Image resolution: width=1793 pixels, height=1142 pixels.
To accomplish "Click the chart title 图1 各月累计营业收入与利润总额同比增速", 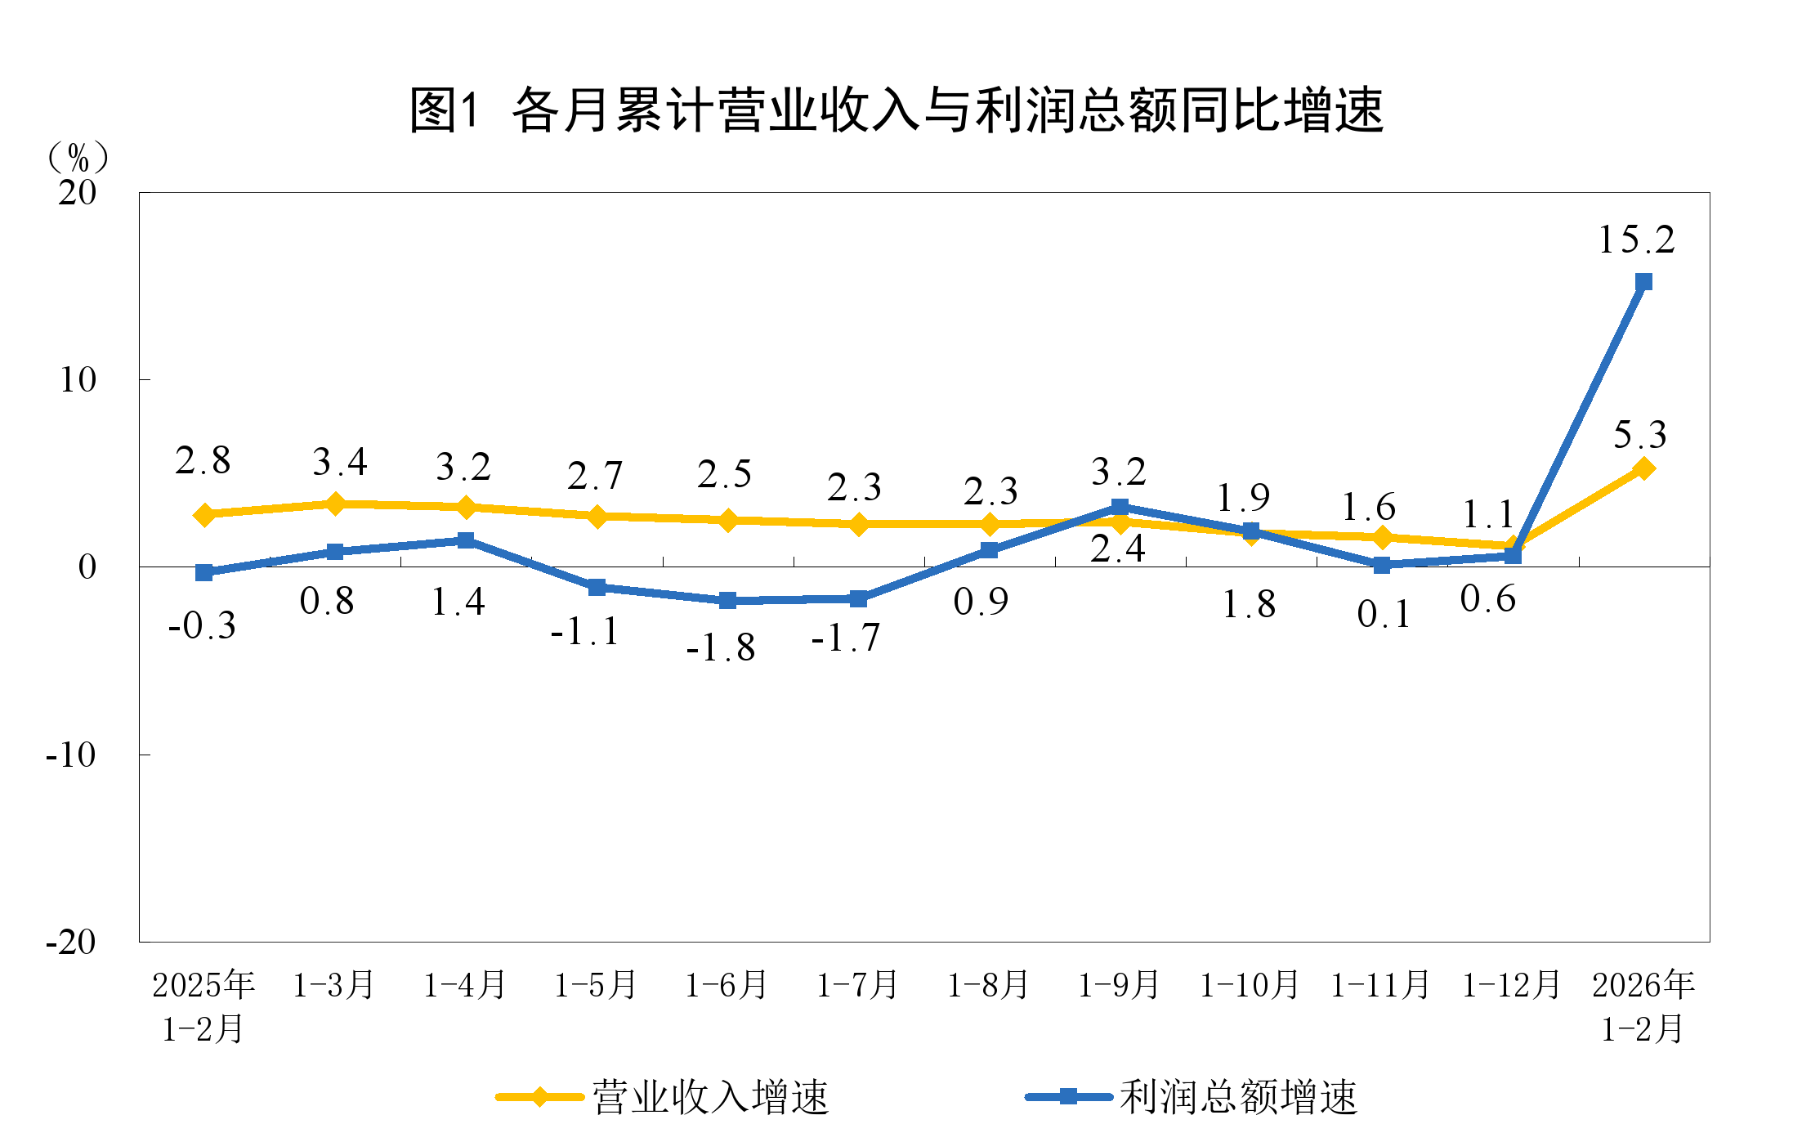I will tap(896, 110).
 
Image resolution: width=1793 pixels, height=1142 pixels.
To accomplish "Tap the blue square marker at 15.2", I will tap(1643, 282).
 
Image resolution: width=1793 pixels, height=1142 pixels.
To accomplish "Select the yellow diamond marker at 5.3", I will tap(1643, 468).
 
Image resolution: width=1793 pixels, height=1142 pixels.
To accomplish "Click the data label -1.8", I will tap(721, 648).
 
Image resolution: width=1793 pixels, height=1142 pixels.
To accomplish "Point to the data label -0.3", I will tap(202, 626).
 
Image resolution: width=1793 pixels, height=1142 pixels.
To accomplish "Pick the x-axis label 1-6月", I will tap(727, 984).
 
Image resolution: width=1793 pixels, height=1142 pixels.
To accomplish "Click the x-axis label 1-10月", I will tap(1250, 984).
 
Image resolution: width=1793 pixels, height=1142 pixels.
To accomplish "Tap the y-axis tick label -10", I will tap(72, 755).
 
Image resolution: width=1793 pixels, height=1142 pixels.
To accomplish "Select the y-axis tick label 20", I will tap(78, 193).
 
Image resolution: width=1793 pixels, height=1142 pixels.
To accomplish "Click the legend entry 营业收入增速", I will tap(709, 1097).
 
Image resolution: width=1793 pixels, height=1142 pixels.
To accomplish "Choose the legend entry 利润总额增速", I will tap(1237, 1097).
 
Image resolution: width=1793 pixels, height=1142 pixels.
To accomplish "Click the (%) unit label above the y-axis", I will tap(78, 156).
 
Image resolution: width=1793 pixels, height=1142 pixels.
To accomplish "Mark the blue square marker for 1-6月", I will tap(727, 601).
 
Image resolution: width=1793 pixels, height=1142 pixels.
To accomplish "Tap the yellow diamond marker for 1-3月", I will tap(335, 504).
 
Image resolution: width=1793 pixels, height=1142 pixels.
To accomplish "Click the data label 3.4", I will tap(340, 463).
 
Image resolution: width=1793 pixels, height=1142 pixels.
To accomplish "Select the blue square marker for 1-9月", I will tap(1120, 507).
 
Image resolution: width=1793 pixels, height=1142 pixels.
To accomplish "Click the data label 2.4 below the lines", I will tap(1118, 549).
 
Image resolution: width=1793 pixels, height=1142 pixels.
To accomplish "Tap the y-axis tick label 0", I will tap(87, 567).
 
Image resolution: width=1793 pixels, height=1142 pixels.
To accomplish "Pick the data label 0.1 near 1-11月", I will tap(1384, 614).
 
